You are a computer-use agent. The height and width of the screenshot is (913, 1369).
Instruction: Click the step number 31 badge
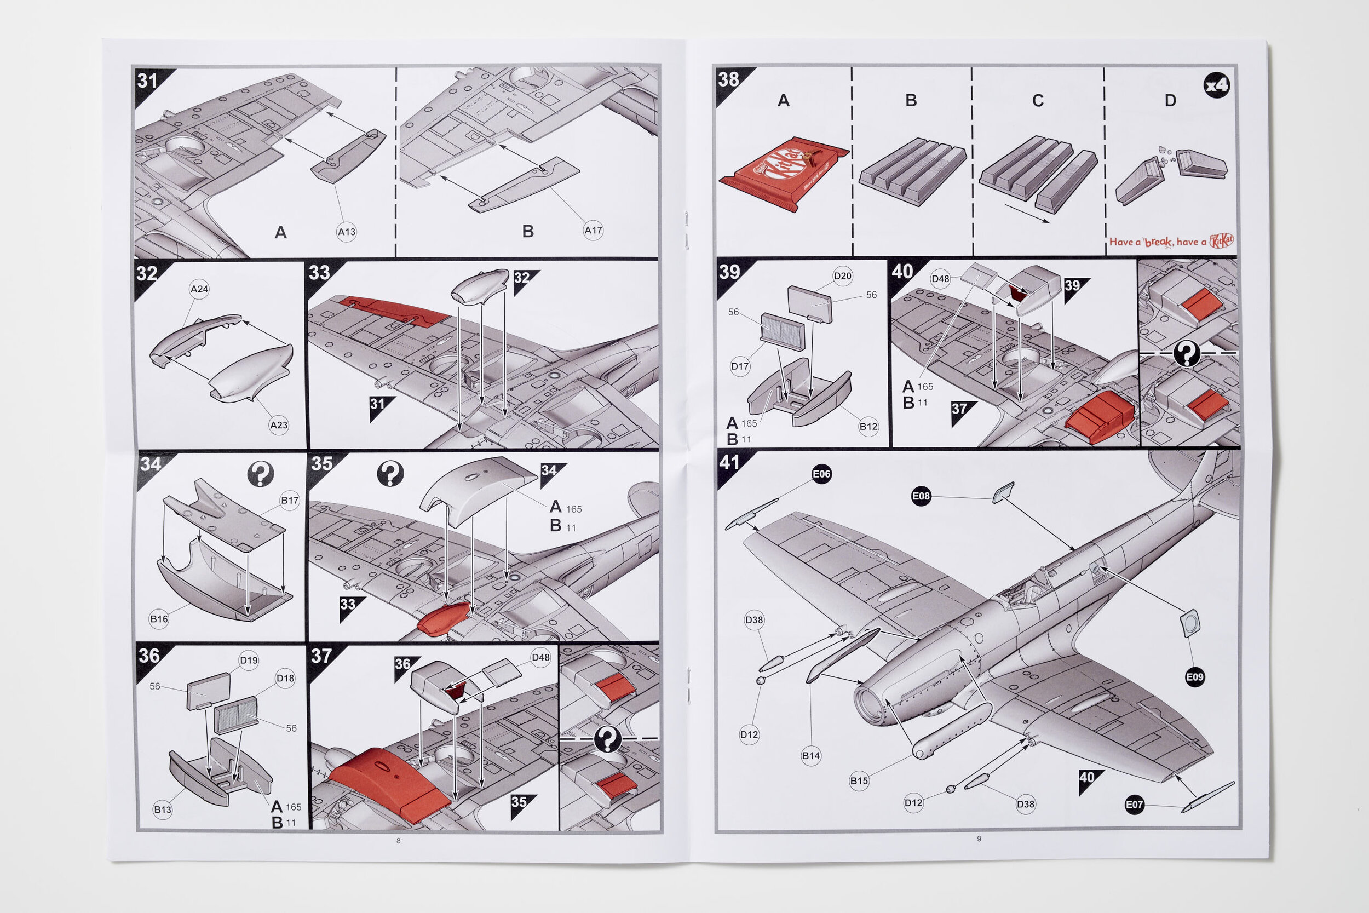148,81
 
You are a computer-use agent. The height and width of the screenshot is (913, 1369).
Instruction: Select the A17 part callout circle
593,231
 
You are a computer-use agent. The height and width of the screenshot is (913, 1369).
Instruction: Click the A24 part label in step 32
199,289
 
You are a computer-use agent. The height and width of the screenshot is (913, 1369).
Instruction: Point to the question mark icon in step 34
260,474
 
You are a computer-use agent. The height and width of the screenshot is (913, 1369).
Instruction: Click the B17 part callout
289,500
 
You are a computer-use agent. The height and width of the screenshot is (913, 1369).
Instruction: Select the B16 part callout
159,619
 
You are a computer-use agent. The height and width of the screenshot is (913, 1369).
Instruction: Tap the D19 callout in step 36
249,661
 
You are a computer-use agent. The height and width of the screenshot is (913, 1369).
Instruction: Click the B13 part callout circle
163,810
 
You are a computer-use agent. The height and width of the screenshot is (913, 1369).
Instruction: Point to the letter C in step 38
1038,101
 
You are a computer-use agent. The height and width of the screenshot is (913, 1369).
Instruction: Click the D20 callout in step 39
842,276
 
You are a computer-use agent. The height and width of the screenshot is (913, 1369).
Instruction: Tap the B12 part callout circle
868,427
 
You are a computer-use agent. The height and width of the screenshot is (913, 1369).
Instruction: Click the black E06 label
821,474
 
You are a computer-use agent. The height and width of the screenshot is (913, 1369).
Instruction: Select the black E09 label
1194,677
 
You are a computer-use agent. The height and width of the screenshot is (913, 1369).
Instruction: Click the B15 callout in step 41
859,781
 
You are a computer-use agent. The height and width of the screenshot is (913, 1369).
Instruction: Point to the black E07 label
1134,805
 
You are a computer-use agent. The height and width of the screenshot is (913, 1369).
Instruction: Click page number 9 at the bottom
979,839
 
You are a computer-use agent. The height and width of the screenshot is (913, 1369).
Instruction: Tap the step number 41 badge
729,463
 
